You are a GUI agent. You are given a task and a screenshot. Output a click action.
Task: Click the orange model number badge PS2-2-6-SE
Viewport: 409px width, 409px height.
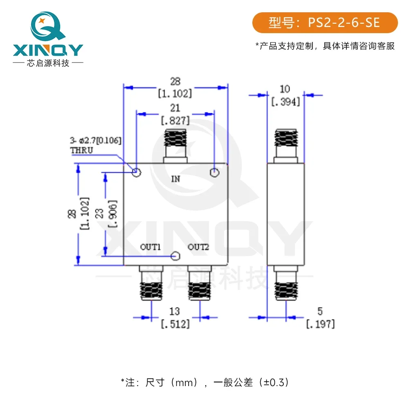pyautogui.click(x=325, y=22)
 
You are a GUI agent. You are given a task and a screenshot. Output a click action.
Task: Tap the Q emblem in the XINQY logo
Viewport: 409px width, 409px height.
pyautogui.click(x=47, y=26)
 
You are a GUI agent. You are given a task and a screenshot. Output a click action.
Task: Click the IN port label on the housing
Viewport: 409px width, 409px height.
pyautogui.click(x=175, y=179)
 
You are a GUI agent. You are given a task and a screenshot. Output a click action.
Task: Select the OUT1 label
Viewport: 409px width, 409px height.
pyautogui.click(x=150, y=247)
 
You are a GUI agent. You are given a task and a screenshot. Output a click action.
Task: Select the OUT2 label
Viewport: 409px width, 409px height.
pyautogui.click(x=198, y=247)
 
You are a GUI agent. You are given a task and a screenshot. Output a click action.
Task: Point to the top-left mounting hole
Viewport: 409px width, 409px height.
pyautogui.click(x=137, y=172)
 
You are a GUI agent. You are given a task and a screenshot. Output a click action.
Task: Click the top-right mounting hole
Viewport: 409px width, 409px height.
pyautogui.click(x=214, y=173)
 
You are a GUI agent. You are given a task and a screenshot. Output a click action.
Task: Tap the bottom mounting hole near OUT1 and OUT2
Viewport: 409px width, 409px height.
pyautogui.click(x=175, y=256)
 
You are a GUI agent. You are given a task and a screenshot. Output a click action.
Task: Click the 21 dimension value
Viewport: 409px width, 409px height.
pyautogui.click(x=175, y=108)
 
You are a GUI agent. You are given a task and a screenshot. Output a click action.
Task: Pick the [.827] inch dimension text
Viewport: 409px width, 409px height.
pyautogui.click(x=175, y=121)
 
